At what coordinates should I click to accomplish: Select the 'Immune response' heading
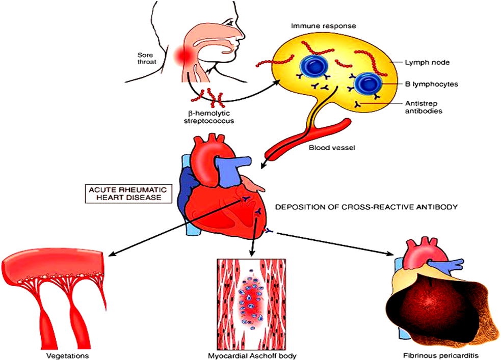point(323,26)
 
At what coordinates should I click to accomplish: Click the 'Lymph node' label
point(427,62)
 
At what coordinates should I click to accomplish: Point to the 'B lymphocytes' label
point(431,84)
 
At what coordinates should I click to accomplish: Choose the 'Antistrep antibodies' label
point(424,107)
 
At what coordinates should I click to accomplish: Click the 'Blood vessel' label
point(332,148)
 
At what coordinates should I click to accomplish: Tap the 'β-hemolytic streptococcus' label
point(208,117)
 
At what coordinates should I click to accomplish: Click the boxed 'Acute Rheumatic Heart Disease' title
point(128,193)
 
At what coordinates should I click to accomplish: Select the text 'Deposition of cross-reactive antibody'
point(366,207)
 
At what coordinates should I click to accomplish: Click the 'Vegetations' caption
point(68,355)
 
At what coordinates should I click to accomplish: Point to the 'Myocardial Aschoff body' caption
point(252,355)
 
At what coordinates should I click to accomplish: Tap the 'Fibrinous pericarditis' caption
point(441,355)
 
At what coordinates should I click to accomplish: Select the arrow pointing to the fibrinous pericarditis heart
point(335,244)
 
